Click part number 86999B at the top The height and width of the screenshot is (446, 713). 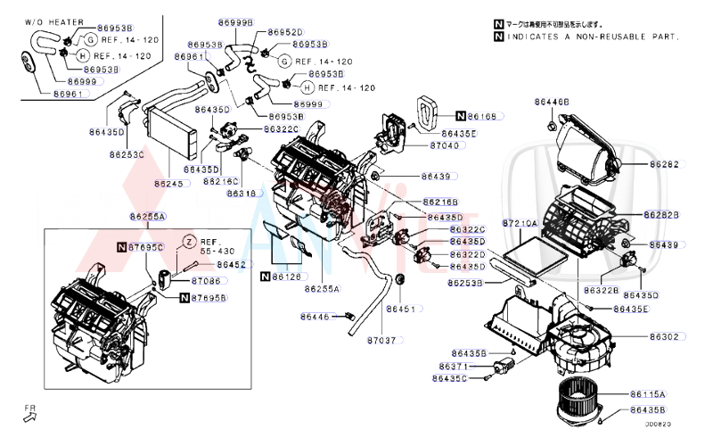[x=235, y=21]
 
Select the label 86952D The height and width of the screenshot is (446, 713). [x=285, y=31]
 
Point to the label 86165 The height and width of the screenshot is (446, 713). [x=488, y=116]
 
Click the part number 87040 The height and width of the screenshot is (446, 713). [x=444, y=145]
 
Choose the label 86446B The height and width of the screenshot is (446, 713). [x=552, y=103]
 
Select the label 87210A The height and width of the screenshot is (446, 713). [x=520, y=223]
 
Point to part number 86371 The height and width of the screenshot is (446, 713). [x=454, y=366]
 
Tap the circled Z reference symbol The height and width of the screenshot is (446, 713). [x=190, y=242]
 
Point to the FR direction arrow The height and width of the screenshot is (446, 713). [x=31, y=412]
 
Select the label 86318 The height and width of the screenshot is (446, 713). [x=241, y=193]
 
